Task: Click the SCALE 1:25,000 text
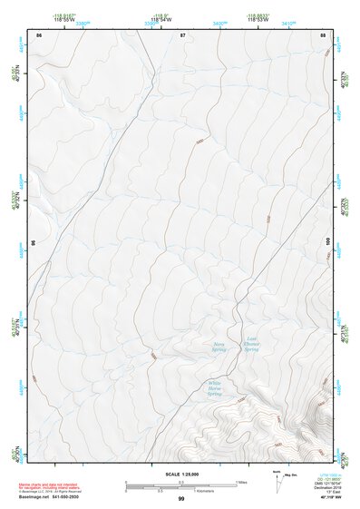[180, 474]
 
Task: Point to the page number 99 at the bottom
[180, 499]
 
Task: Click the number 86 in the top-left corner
[39, 34]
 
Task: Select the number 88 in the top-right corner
[323, 34]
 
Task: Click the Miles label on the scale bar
[243, 481]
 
